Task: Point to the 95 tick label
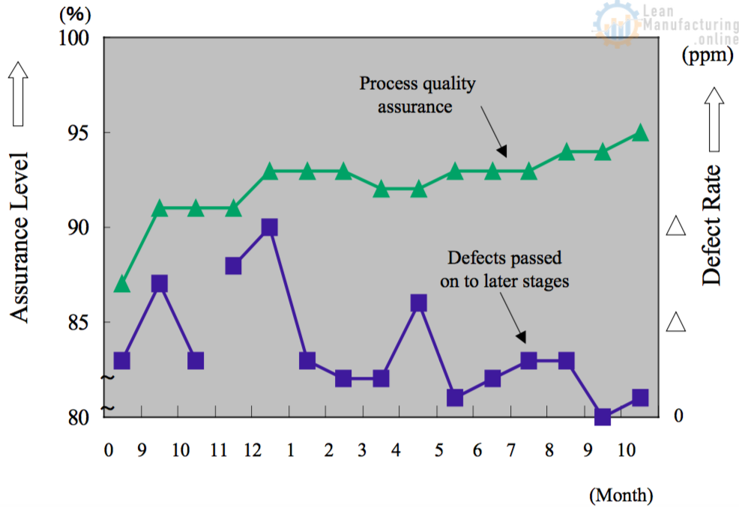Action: [80, 133]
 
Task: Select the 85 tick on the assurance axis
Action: [80, 322]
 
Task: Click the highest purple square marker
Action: [270, 227]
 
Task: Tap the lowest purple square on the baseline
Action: [603, 416]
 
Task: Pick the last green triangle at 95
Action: [639, 133]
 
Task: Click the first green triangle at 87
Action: [122, 284]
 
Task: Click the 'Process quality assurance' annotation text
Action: [416, 94]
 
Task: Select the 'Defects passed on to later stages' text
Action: [508, 270]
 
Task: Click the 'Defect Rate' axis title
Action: [711, 225]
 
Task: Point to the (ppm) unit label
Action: [707, 55]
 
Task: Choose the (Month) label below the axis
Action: [621, 494]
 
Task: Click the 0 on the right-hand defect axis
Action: [678, 416]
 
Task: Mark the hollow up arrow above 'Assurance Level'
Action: [19, 94]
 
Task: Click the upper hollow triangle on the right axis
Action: [677, 225]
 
